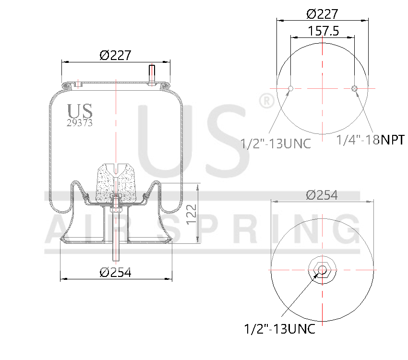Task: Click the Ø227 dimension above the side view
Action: point(115,55)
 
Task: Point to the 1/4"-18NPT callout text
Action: point(370,140)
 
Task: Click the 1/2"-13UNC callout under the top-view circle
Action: point(276,143)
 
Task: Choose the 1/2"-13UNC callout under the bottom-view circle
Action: point(279,329)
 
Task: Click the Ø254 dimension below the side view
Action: point(115,272)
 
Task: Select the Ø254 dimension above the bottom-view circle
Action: point(322,195)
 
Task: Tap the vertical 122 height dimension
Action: point(192,214)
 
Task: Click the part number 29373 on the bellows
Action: point(79,122)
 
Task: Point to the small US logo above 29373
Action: point(80,111)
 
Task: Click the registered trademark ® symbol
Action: point(266,101)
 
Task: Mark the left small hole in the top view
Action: point(290,88)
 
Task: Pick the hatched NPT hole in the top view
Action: point(354,88)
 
